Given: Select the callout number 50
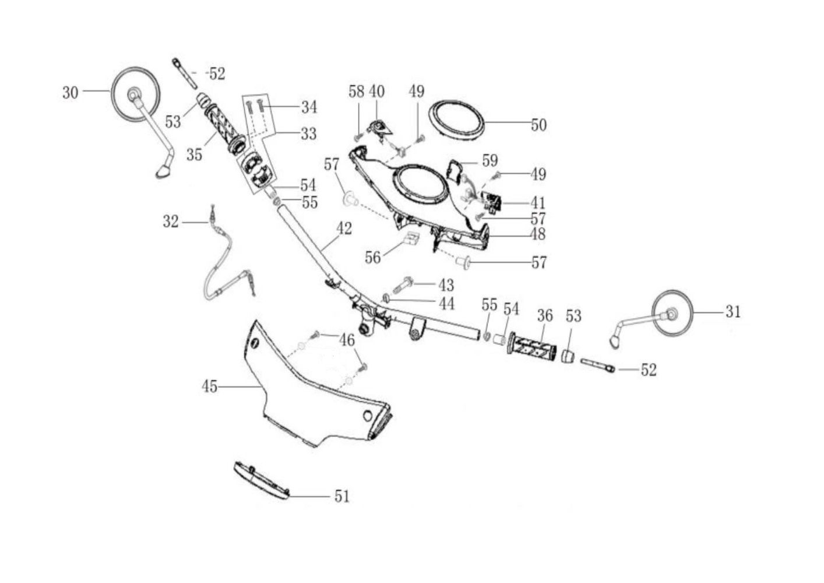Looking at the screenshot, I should (x=538, y=125).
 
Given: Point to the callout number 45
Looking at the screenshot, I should (x=210, y=387).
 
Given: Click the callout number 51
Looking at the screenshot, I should (x=342, y=496).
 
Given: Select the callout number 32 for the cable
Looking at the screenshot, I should (x=171, y=222).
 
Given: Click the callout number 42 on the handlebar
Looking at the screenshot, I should (x=344, y=229).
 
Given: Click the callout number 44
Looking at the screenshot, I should (x=448, y=303).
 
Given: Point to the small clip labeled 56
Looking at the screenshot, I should (x=412, y=238).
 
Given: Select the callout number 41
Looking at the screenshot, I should (x=538, y=203).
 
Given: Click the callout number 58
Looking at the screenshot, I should (x=356, y=92).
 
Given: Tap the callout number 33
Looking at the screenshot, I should (x=308, y=134).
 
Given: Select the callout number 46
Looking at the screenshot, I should (x=347, y=340).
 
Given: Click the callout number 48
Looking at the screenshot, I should (x=538, y=234).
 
